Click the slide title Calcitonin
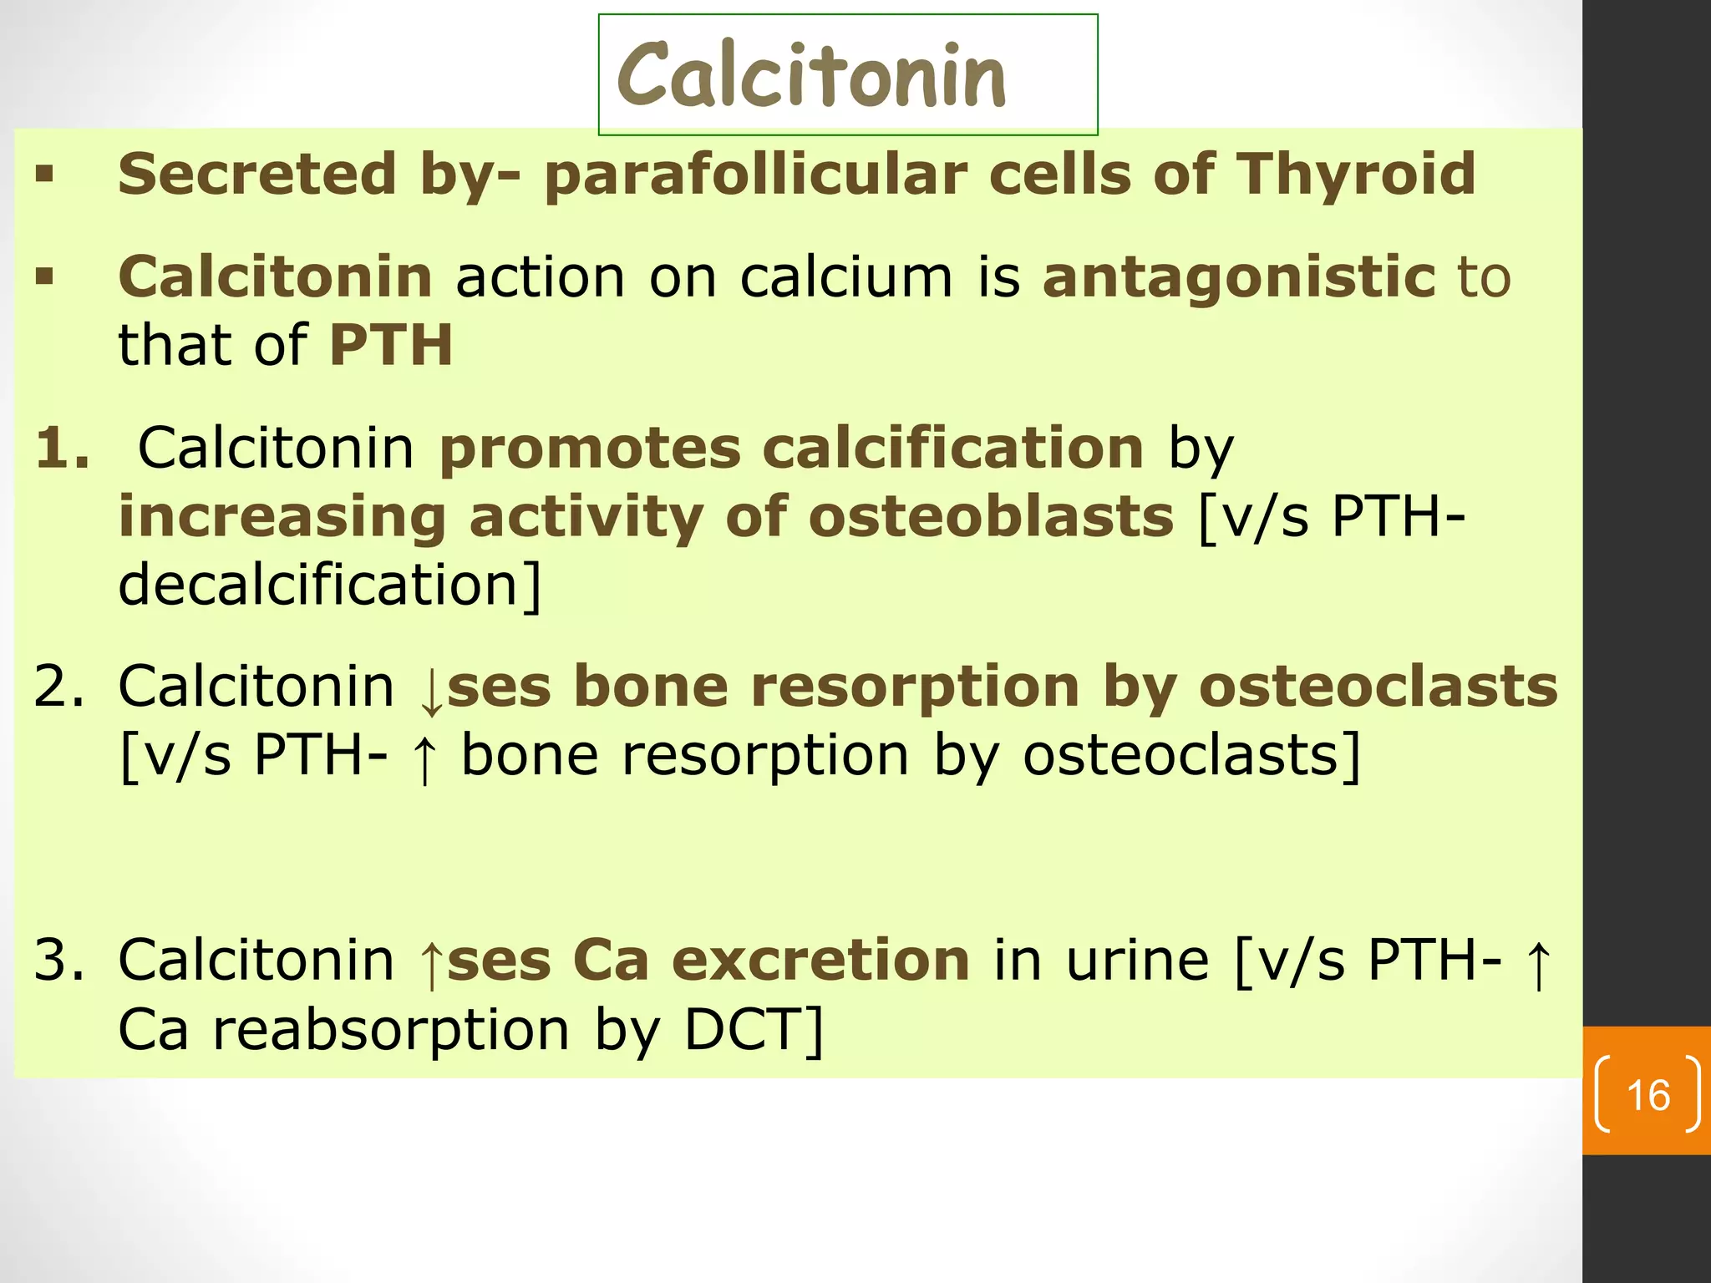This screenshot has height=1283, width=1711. (x=811, y=76)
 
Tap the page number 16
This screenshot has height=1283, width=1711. (x=1648, y=1095)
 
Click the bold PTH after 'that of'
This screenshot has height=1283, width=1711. (x=391, y=345)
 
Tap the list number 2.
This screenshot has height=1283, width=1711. (x=58, y=686)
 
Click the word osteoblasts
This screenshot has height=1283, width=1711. (x=991, y=516)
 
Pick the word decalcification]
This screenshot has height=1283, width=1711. (x=330, y=584)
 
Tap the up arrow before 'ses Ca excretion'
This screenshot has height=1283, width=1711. (x=431, y=962)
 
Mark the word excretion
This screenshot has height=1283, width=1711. (x=820, y=960)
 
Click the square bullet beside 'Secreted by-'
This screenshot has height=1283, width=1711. (x=45, y=175)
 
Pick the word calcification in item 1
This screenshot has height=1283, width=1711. (x=952, y=448)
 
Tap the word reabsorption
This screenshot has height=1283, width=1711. (x=391, y=1031)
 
